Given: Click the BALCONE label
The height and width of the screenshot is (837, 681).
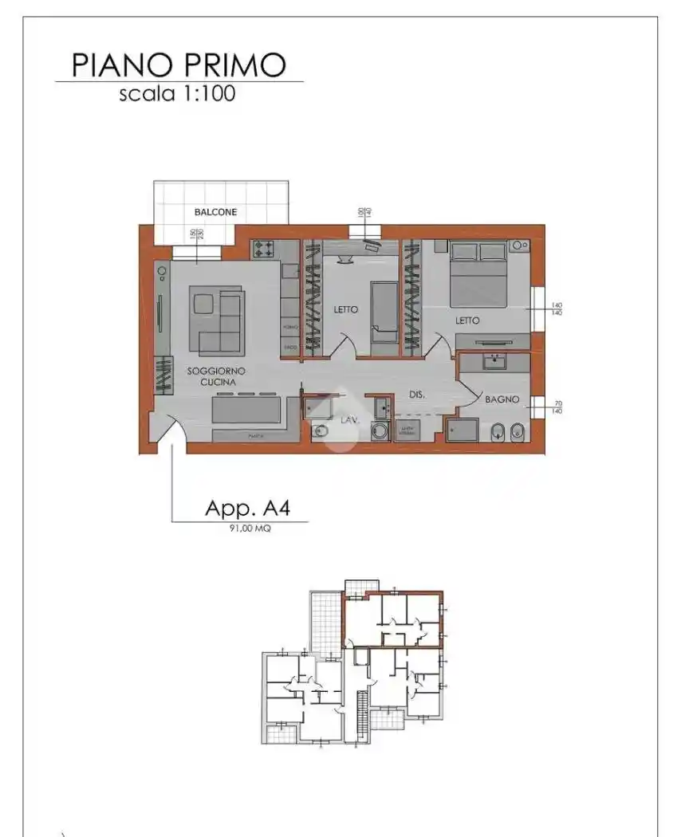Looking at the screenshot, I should (x=215, y=212).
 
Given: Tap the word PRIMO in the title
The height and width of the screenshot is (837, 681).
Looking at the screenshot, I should (x=238, y=64).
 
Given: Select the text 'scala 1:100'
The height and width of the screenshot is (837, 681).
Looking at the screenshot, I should (x=177, y=94).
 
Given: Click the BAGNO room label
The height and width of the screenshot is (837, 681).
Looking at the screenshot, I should (x=502, y=399).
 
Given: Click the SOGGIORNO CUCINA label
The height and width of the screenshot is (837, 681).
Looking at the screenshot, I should (x=216, y=377).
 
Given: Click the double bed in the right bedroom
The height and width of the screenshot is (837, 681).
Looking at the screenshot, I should (x=478, y=275).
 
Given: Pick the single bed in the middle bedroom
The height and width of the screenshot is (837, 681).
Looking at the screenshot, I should (x=384, y=311).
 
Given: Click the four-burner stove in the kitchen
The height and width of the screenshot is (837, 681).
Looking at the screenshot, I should (x=263, y=250).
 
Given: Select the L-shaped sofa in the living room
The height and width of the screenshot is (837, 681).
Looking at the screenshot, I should (x=217, y=321).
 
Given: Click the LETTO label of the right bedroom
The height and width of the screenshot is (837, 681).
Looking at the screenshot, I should (x=467, y=320).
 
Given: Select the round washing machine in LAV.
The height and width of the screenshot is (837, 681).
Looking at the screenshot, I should (x=381, y=431).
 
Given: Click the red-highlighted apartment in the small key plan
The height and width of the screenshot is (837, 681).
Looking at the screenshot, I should (x=392, y=619).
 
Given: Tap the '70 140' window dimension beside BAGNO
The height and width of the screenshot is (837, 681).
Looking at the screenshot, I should (x=557, y=407).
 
